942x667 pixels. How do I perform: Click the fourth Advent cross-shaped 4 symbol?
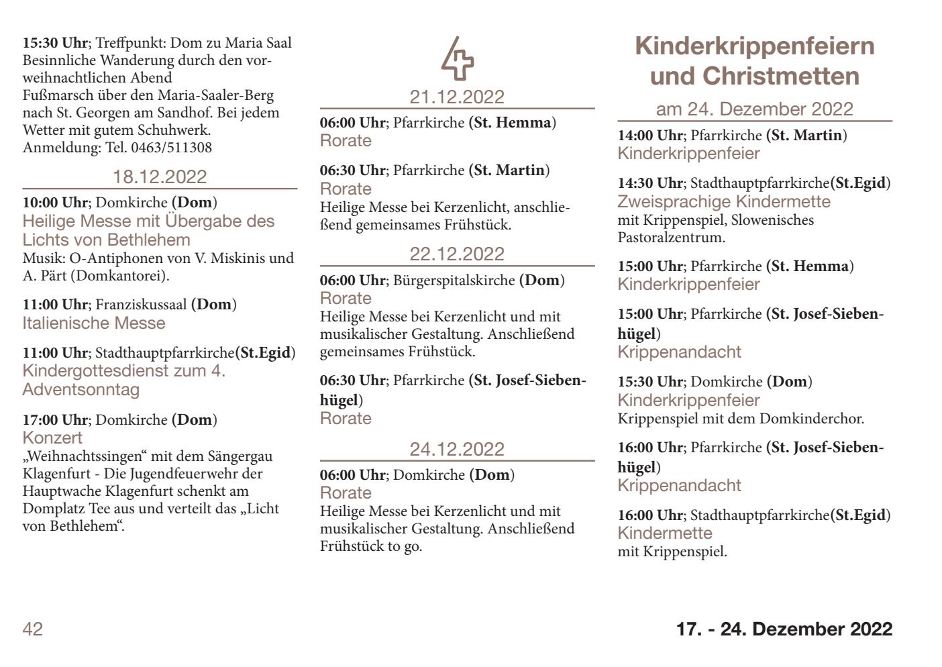457,58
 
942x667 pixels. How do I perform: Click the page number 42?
33,629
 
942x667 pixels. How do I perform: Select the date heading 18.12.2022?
160,177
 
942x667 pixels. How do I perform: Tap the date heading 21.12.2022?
457,97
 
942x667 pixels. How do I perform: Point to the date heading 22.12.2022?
457,254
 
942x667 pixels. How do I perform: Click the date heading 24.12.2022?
457,449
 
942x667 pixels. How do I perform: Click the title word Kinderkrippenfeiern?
755,46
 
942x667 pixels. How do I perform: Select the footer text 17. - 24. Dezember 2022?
784,629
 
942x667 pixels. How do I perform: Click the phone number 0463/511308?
171,148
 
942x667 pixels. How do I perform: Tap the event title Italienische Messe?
94,323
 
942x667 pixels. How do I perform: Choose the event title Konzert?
52,438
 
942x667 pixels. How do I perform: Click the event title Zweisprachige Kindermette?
724,202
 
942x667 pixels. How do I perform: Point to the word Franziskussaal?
141,305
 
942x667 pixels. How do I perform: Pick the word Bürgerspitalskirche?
454,280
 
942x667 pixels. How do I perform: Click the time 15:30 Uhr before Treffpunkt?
55,44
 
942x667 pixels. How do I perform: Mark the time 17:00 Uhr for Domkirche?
55,420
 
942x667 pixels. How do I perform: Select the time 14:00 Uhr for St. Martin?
650,136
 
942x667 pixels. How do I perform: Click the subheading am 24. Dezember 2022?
755,109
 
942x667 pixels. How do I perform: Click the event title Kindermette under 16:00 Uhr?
665,533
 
